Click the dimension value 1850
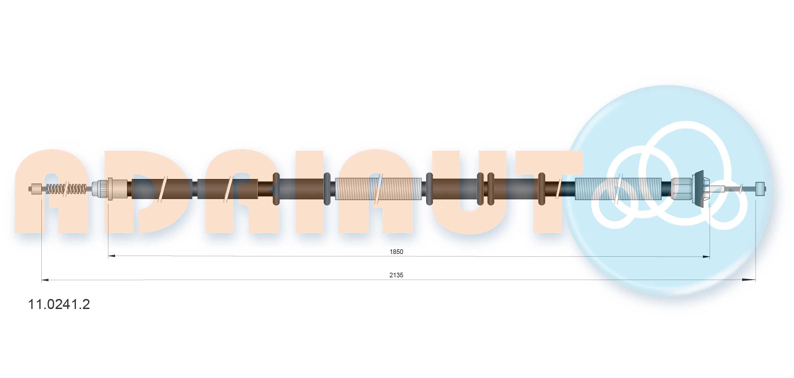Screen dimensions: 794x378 (396, 252)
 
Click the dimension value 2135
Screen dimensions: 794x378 (396, 275)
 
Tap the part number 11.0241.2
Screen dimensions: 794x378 (59, 304)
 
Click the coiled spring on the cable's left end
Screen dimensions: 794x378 (66, 189)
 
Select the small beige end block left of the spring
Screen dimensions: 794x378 (36, 189)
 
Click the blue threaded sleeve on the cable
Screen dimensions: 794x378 (618, 189)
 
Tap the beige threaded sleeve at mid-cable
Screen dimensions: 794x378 (378, 189)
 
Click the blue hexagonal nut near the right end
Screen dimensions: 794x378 (682, 189)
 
